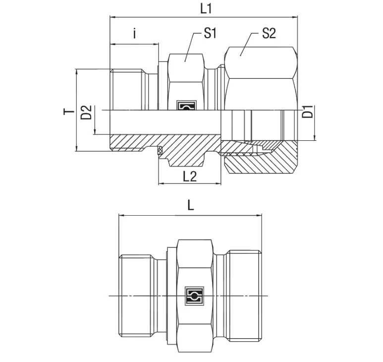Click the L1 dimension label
coord(191,8)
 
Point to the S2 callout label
coord(268,34)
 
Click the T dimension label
coord(67,111)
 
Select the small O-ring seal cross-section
coord(160,151)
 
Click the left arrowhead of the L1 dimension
coord(112,17)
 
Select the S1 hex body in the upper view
coord(186,74)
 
